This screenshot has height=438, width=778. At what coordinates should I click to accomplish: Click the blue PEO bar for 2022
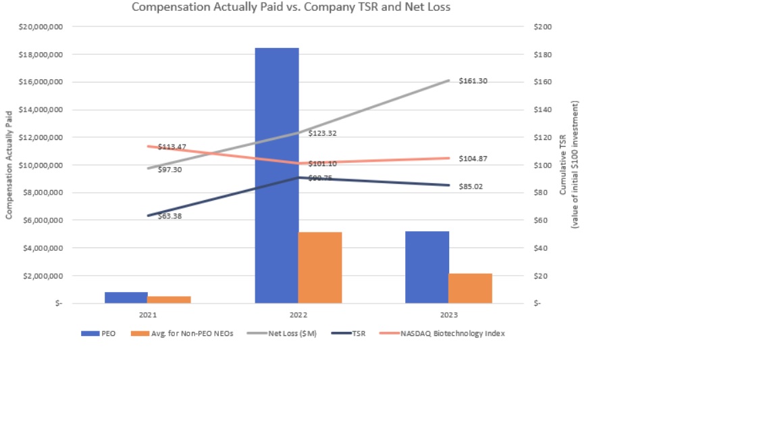click(276, 176)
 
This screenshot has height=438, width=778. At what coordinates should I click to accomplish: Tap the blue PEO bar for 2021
click(126, 297)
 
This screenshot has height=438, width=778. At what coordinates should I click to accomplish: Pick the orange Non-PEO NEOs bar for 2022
click(320, 268)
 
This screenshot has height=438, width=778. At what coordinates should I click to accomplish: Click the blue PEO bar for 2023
click(427, 267)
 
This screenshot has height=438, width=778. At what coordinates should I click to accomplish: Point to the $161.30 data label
click(473, 81)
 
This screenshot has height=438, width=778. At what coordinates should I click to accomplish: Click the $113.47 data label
click(172, 147)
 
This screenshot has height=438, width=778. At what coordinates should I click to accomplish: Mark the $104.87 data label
click(473, 159)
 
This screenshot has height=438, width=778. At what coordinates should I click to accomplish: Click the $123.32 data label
click(322, 134)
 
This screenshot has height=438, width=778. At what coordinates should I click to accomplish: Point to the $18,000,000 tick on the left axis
click(42, 54)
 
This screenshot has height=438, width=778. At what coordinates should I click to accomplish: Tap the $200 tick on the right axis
click(542, 26)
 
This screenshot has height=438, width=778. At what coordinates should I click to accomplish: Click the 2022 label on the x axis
click(298, 316)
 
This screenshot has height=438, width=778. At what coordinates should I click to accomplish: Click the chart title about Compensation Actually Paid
click(290, 7)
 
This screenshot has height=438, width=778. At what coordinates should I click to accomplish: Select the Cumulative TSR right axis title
click(568, 165)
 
